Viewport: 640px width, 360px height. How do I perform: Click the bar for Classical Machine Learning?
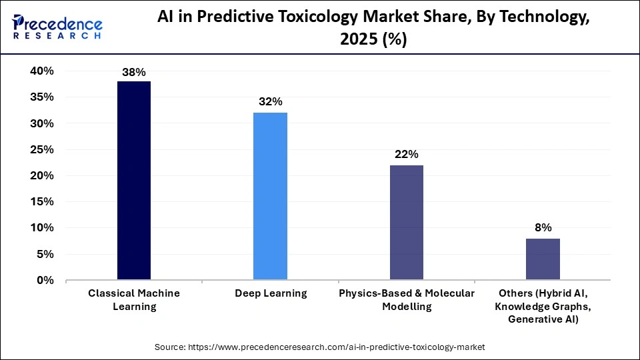134,180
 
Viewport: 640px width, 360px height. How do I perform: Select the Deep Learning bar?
270,196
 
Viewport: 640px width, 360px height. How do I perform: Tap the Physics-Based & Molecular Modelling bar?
406,222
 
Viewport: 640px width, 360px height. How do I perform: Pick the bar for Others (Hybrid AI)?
543,259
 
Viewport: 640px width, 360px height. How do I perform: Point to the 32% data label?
271,102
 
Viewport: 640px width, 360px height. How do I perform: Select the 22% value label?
407,154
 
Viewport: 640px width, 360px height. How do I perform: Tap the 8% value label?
543,227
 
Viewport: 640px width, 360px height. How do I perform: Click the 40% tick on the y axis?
41,71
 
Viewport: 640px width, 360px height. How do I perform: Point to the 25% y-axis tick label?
41,149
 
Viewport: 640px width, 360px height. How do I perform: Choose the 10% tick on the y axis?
41,228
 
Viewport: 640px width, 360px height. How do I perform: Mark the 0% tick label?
45,280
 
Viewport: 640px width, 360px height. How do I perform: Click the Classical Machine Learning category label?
134,300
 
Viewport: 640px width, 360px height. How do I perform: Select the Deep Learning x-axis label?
271,293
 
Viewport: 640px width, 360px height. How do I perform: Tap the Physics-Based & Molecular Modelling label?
407,300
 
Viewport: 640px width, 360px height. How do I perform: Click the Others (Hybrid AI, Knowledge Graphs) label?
543,306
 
